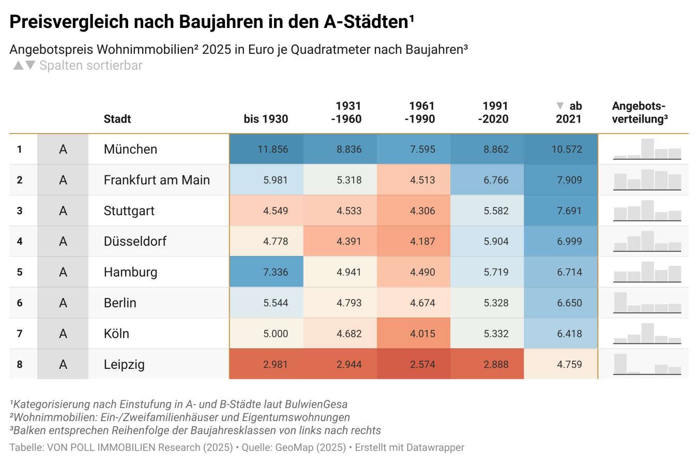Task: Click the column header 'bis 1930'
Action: (266, 119)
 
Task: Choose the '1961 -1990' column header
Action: (419, 112)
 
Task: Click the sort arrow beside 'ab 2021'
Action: (559, 106)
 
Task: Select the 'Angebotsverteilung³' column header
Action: (640, 112)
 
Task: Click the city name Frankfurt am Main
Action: (157, 180)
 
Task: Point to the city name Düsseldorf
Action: (135, 242)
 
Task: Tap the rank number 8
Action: (20, 364)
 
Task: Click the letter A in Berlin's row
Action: (63, 303)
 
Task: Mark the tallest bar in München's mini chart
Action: (647, 148)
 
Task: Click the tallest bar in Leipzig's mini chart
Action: (620, 364)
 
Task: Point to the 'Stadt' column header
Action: (117, 119)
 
